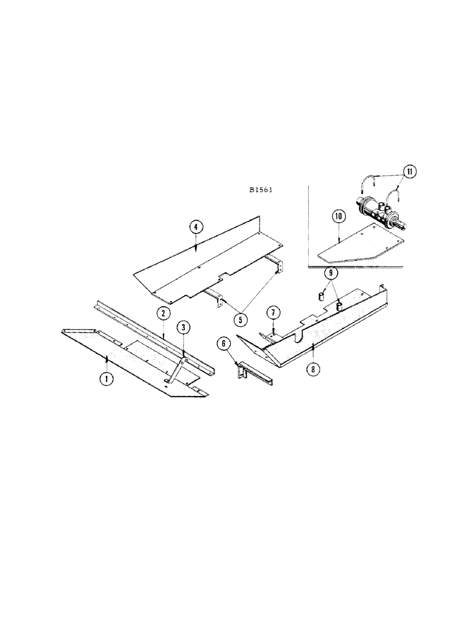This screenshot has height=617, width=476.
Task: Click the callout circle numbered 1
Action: coord(106,377)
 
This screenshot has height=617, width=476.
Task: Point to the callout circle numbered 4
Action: coord(195,227)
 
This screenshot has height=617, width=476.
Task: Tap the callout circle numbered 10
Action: coord(339,216)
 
